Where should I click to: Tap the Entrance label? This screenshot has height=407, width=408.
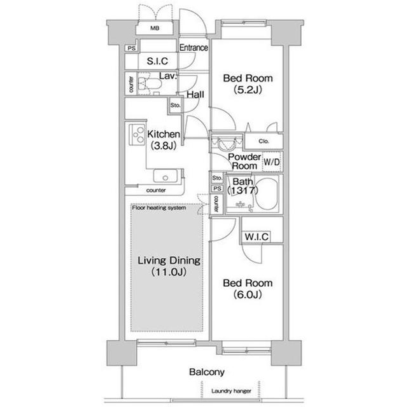coord(193,48)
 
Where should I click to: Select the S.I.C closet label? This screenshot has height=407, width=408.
coord(157,62)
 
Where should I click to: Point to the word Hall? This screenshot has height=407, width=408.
coord(195,94)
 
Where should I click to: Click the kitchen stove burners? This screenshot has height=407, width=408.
coord(137,134)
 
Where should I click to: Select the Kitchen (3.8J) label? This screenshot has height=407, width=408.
coord(163,139)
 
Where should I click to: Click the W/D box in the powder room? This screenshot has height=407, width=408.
coord(271,162)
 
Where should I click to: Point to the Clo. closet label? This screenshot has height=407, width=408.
coord(263,141)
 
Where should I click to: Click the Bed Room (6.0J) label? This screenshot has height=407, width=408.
coord(247,289)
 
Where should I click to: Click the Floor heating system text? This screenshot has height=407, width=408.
coord(159,207)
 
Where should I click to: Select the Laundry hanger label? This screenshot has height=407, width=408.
coord(232,391)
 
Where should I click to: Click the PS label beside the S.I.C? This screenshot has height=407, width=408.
coord(131,48)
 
